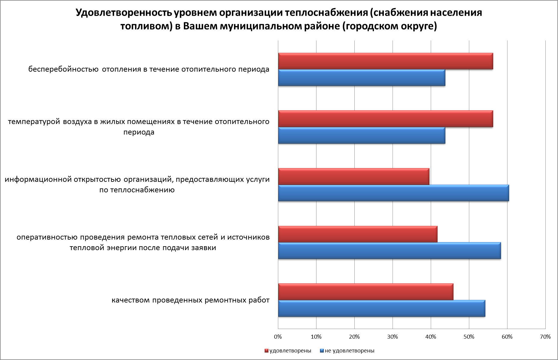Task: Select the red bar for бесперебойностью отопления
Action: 385,61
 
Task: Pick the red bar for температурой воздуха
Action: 385,119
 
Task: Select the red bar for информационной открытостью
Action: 353,177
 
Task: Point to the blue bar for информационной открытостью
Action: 393,193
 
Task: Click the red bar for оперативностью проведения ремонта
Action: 358,234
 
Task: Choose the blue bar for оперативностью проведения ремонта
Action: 389,251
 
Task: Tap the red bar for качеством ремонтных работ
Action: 365,292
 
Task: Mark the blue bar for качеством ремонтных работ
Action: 381,309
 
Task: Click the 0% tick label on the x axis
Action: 278,337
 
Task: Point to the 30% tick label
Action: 393,337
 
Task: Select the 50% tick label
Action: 469,337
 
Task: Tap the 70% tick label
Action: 545,337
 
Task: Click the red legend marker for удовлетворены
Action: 266,351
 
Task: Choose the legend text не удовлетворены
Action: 350,351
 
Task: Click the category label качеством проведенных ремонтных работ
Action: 190,300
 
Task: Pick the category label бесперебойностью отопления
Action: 149,69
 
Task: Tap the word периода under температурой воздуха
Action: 139,132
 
